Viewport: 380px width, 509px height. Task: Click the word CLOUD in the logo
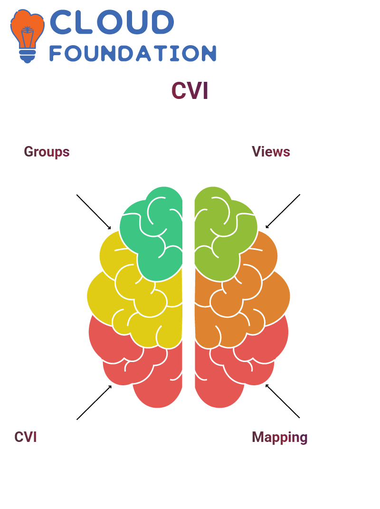(112, 22)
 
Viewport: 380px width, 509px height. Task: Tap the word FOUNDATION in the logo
(133, 53)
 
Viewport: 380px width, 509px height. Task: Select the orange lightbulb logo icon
(27, 36)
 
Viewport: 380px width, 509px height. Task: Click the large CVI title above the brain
(190, 90)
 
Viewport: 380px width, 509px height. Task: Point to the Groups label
(47, 152)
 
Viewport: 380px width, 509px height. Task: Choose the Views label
(271, 152)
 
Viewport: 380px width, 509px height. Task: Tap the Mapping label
(279, 437)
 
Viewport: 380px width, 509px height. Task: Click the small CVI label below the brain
(25, 437)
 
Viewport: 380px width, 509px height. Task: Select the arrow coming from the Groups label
(94, 212)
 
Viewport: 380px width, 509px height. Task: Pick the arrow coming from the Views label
(283, 211)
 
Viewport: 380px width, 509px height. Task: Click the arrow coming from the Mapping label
(283, 401)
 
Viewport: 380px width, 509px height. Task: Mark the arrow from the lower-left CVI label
(94, 402)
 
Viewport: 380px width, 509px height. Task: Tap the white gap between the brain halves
(189, 292)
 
